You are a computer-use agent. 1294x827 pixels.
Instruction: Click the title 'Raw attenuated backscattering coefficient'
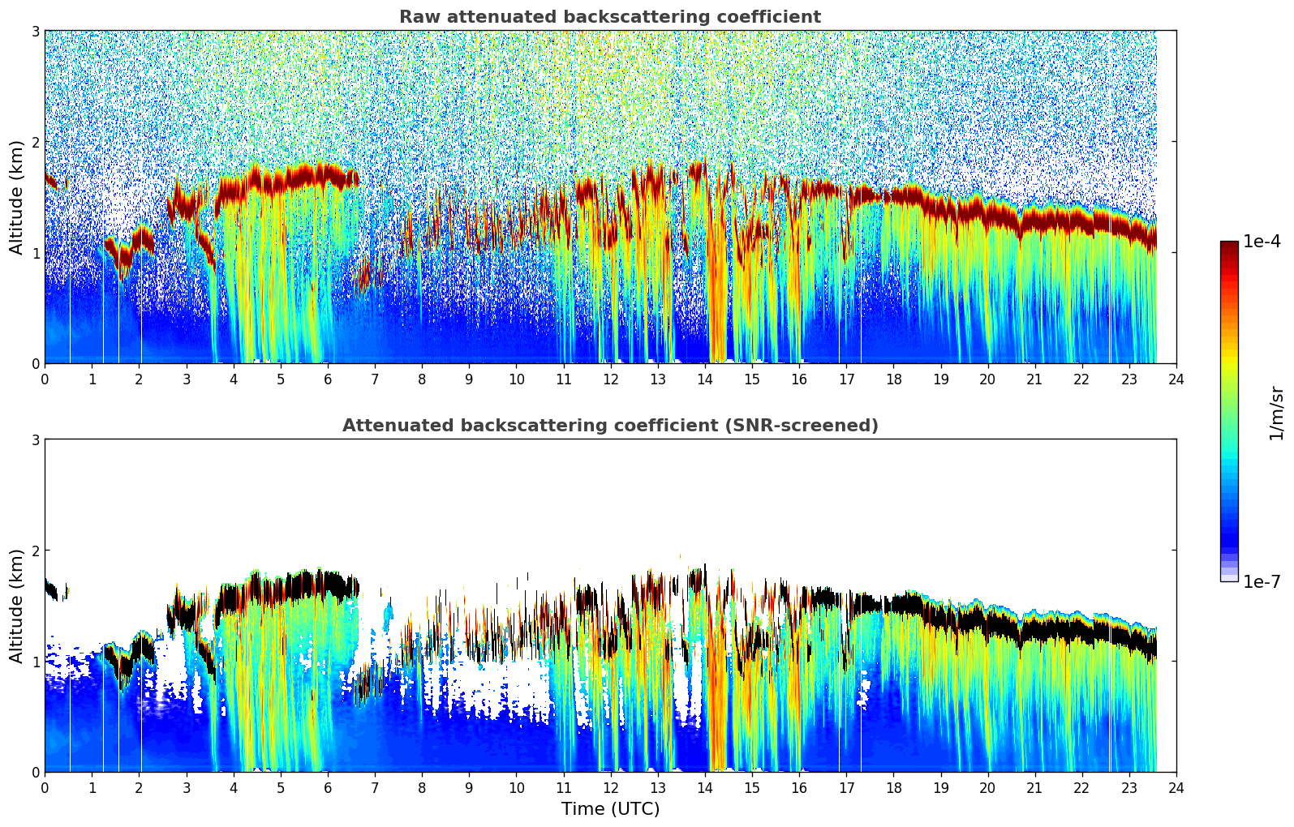point(609,17)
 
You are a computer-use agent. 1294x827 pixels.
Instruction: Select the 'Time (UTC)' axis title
point(610,809)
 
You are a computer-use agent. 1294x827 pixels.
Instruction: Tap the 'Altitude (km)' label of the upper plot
point(16,197)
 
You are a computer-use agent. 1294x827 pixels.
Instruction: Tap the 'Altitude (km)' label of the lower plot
point(16,606)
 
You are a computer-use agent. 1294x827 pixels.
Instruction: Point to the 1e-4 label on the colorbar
point(1262,242)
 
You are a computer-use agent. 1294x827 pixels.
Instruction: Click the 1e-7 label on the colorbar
point(1262,581)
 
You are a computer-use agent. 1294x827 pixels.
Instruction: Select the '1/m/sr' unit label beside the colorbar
point(1276,413)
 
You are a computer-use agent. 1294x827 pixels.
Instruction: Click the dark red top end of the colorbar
point(1229,245)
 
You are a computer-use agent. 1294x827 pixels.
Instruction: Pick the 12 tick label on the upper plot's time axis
point(610,379)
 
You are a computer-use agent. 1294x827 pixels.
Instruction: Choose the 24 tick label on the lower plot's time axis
point(1176,788)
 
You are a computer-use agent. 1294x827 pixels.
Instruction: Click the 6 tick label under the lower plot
point(328,788)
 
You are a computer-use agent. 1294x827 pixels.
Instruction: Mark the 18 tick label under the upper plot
point(893,379)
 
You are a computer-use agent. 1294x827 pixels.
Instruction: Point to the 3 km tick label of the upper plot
point(36,31)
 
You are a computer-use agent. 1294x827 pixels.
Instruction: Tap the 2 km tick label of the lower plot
point(36,551)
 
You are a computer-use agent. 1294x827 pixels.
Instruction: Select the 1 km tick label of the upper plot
point(36,253)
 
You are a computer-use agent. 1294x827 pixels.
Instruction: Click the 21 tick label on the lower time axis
point(1034,788)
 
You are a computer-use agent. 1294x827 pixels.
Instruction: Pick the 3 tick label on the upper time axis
point(187,379)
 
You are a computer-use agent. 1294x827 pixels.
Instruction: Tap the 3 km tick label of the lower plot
point(36,439)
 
